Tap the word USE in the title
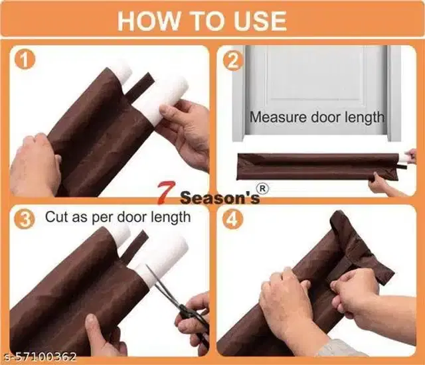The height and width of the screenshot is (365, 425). pyautogui.click(x=260, y=21)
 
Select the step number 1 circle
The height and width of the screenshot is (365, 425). pyautogui.click(x=25, y=60)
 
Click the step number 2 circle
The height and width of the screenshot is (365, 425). pyautogui.click(x=233, y=60)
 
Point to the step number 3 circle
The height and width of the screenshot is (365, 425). pyautogui.click(x=25, y=219)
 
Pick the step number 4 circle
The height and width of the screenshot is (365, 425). pyautogui.click(x=233, y=219)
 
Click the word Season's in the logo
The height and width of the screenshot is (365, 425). pyautogui.click(x=220, y=197)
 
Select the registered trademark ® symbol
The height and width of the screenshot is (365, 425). pyautogui.click(x=262, y=189)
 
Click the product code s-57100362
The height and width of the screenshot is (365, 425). pyautogui.click(x=40, y=357)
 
